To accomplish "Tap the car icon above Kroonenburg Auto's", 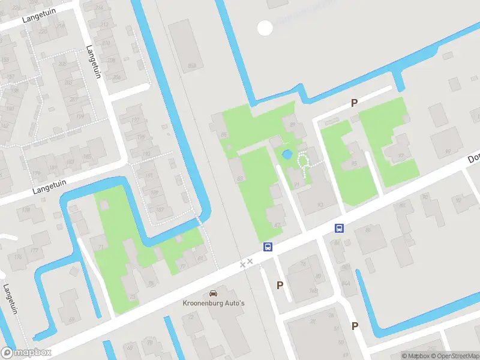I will click(x=212, y=293).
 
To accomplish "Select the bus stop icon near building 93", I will click(x=339, y=228).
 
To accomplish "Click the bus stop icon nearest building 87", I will click(x=268, y=247).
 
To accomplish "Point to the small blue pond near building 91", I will click(x=287, y=154).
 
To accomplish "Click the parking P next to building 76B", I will click(x=280, y=285).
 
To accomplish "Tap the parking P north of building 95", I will click(x=355, y=103).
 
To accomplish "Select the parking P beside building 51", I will click(x=355, y=326).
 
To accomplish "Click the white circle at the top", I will click(x=265, y=27).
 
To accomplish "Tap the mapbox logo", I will click(x=26, y=353).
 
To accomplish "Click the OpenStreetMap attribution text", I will click(x=454, y=356).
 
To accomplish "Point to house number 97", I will click(x=401, y=155).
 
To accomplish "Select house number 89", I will click(x=292, y=125).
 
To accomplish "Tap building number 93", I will click(x=319, y=204).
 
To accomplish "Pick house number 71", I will click(x=101, y=247).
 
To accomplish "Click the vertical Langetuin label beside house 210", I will click(x=93, y=61).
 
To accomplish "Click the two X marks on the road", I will click(x=246, y=263).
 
